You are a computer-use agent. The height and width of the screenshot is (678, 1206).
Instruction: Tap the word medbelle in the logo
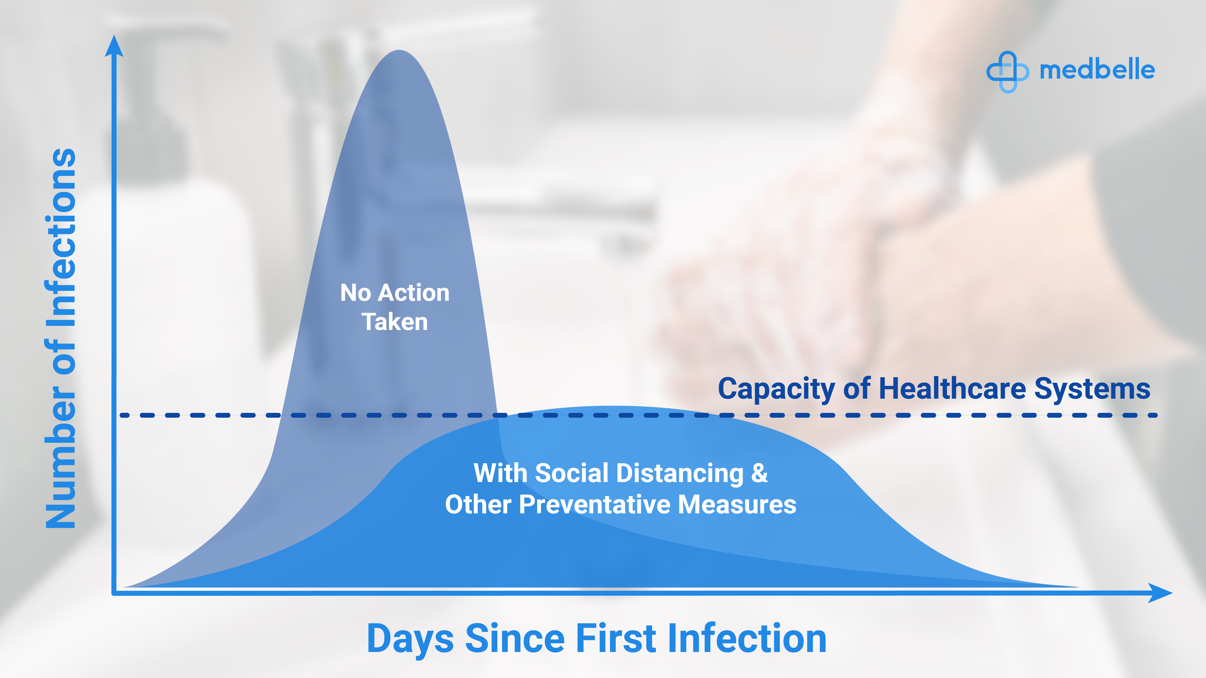pos(1097,70)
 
